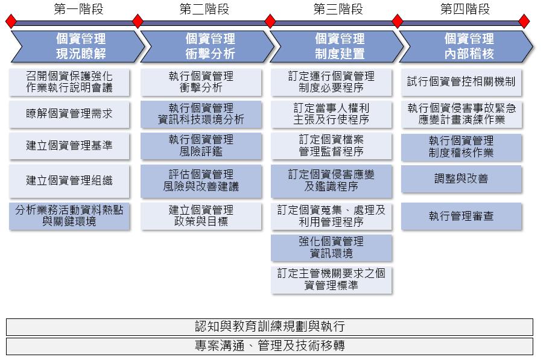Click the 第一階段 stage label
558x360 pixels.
(78, 9)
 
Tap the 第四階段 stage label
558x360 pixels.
(464, 9)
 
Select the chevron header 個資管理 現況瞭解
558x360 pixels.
(78, 46)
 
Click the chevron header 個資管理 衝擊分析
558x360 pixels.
(208, 46)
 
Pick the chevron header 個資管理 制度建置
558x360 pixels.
(337, 46)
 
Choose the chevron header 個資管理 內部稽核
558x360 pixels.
(466, 46)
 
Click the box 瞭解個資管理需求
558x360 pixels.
(69, 114)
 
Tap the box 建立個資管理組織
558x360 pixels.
(69, 181)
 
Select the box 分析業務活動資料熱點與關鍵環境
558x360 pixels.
(69, 216)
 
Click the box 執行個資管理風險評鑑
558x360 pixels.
(201, 146)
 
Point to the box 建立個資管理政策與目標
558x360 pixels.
(201, 216)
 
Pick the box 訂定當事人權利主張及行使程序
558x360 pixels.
(331, 114)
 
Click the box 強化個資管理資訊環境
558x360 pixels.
(331, 248)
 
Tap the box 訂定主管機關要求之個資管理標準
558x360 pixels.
(331, 280)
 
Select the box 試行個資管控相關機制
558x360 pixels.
(461, 83)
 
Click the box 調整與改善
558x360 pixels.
(461, 179)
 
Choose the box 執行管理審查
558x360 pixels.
(461, 216)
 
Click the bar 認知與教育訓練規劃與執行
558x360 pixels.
(270, 327)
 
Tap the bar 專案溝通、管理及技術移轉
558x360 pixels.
(270, 346)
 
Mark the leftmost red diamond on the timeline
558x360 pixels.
(11, 21)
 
